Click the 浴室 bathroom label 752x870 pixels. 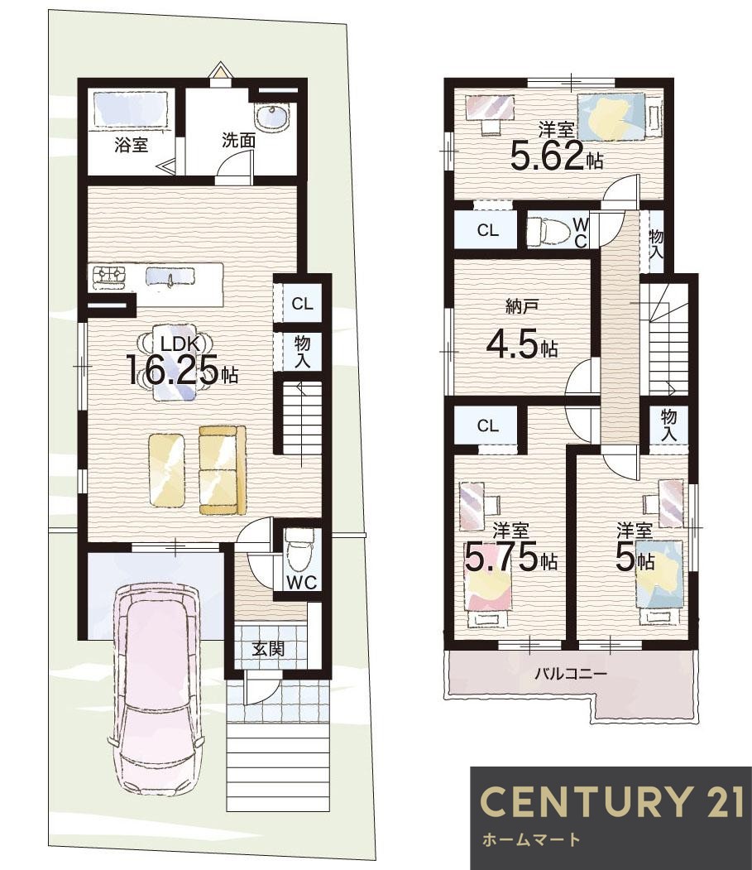point(131,146)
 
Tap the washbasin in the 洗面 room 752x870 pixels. point(271,117)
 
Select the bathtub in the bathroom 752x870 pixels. point(131,108)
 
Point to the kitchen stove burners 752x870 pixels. point(108,276)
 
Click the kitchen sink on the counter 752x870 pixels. point(170,276)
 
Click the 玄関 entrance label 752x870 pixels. point(268,649)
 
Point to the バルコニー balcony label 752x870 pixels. point(571,675)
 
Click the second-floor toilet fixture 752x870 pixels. point(548,230)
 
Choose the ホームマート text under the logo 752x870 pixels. point(531,839)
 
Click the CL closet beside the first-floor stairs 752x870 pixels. point(302,304)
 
